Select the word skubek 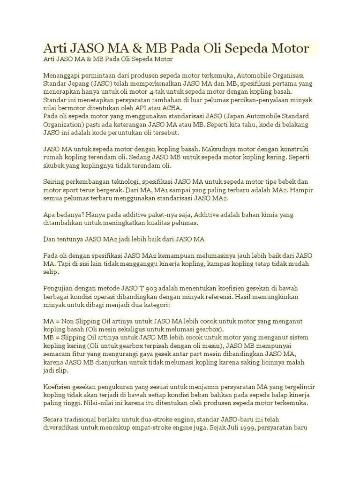point(54,166)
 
